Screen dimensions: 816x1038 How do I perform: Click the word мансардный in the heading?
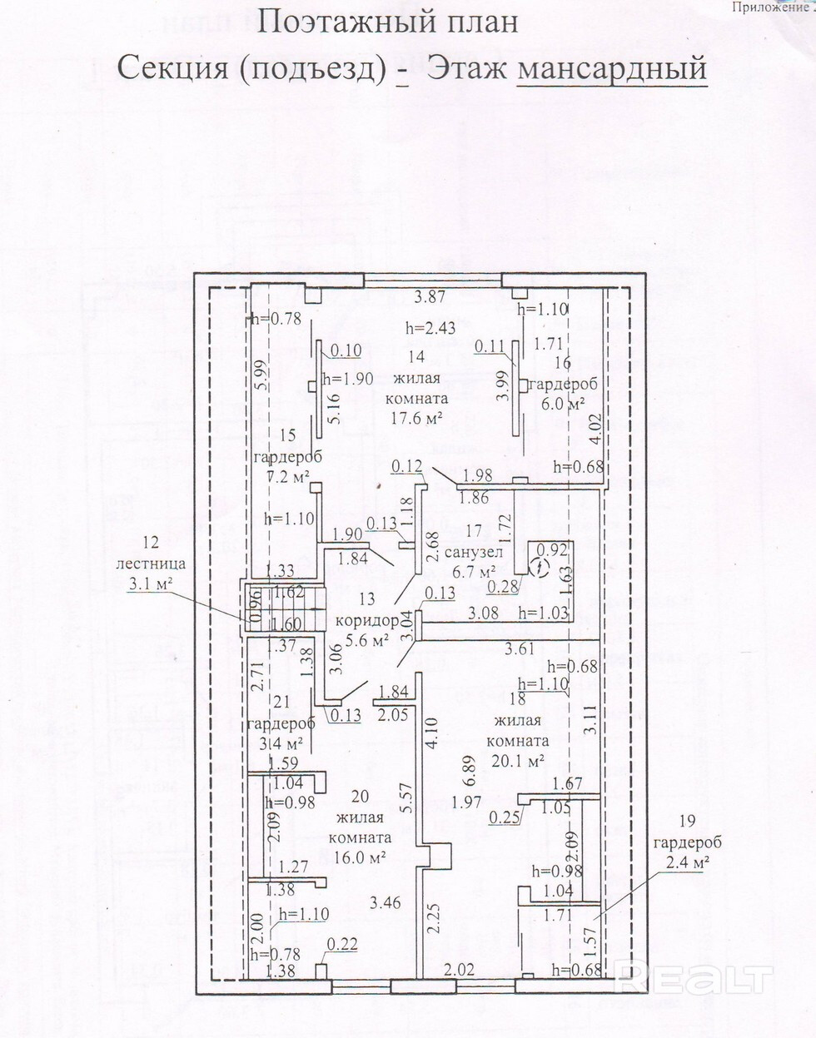[612, 68]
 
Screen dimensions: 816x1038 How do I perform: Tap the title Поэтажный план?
[387, 22]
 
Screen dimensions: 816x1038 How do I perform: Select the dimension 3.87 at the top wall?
[430, 296]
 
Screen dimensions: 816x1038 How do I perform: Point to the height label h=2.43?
[430, 327]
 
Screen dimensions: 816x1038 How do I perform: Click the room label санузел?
[474, 553]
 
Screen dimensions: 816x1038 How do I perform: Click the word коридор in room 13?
[367, 621]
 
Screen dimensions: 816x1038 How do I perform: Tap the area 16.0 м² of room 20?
[360, 857]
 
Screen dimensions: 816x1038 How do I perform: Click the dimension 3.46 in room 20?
[386, 901]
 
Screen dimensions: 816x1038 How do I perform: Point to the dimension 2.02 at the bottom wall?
[459, 968]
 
